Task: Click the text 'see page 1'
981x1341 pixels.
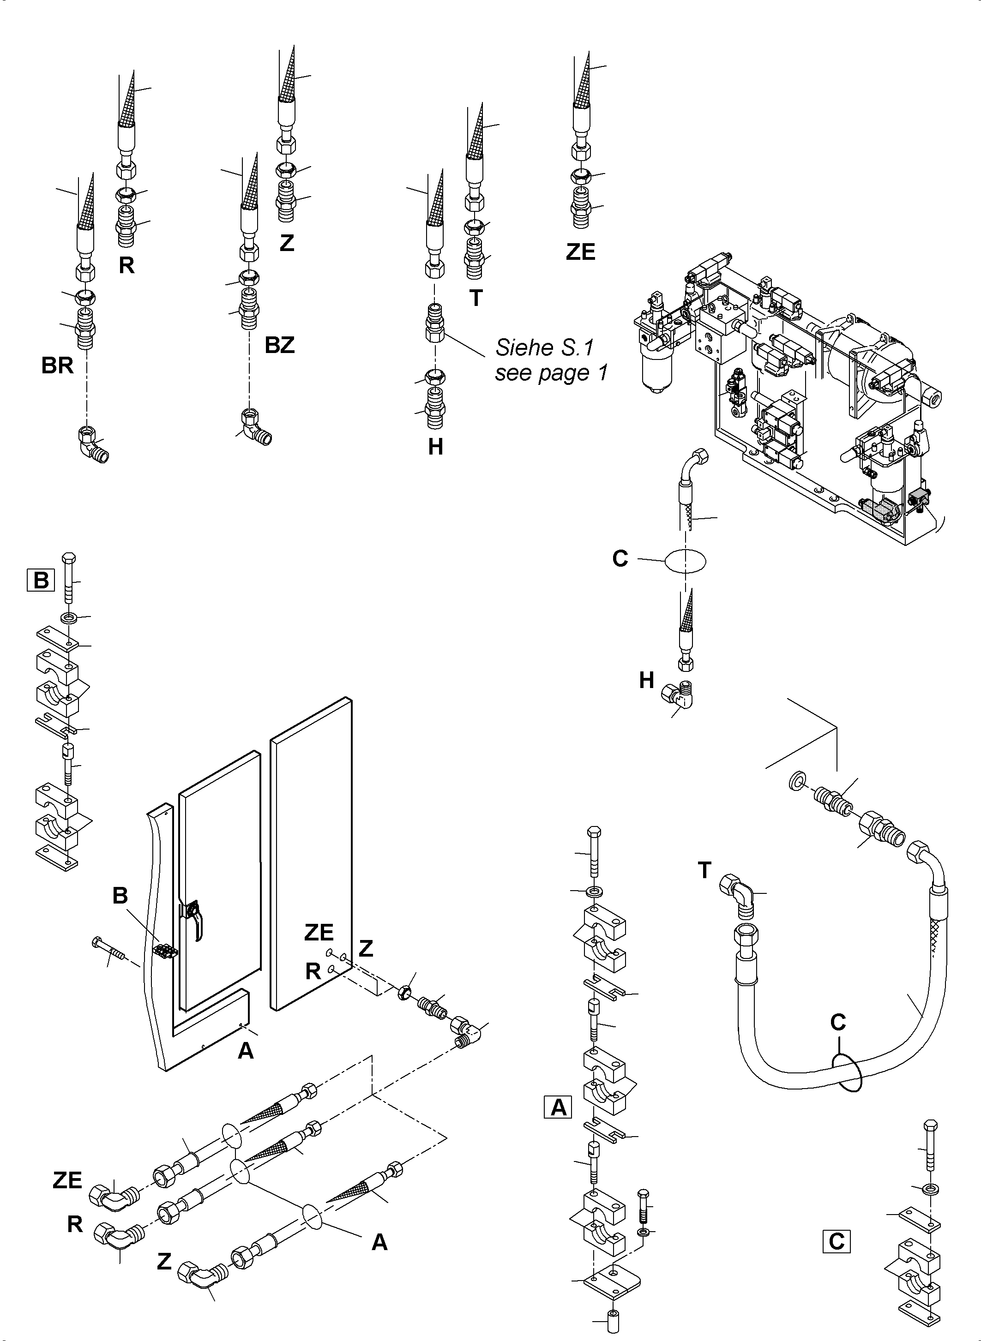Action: (551, 373)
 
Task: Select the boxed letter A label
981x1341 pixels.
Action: (558, 1107)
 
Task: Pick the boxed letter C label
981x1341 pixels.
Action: (836, 1241)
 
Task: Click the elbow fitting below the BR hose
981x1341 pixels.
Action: (93, 445)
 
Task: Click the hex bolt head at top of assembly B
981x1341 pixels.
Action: (68, 559)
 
